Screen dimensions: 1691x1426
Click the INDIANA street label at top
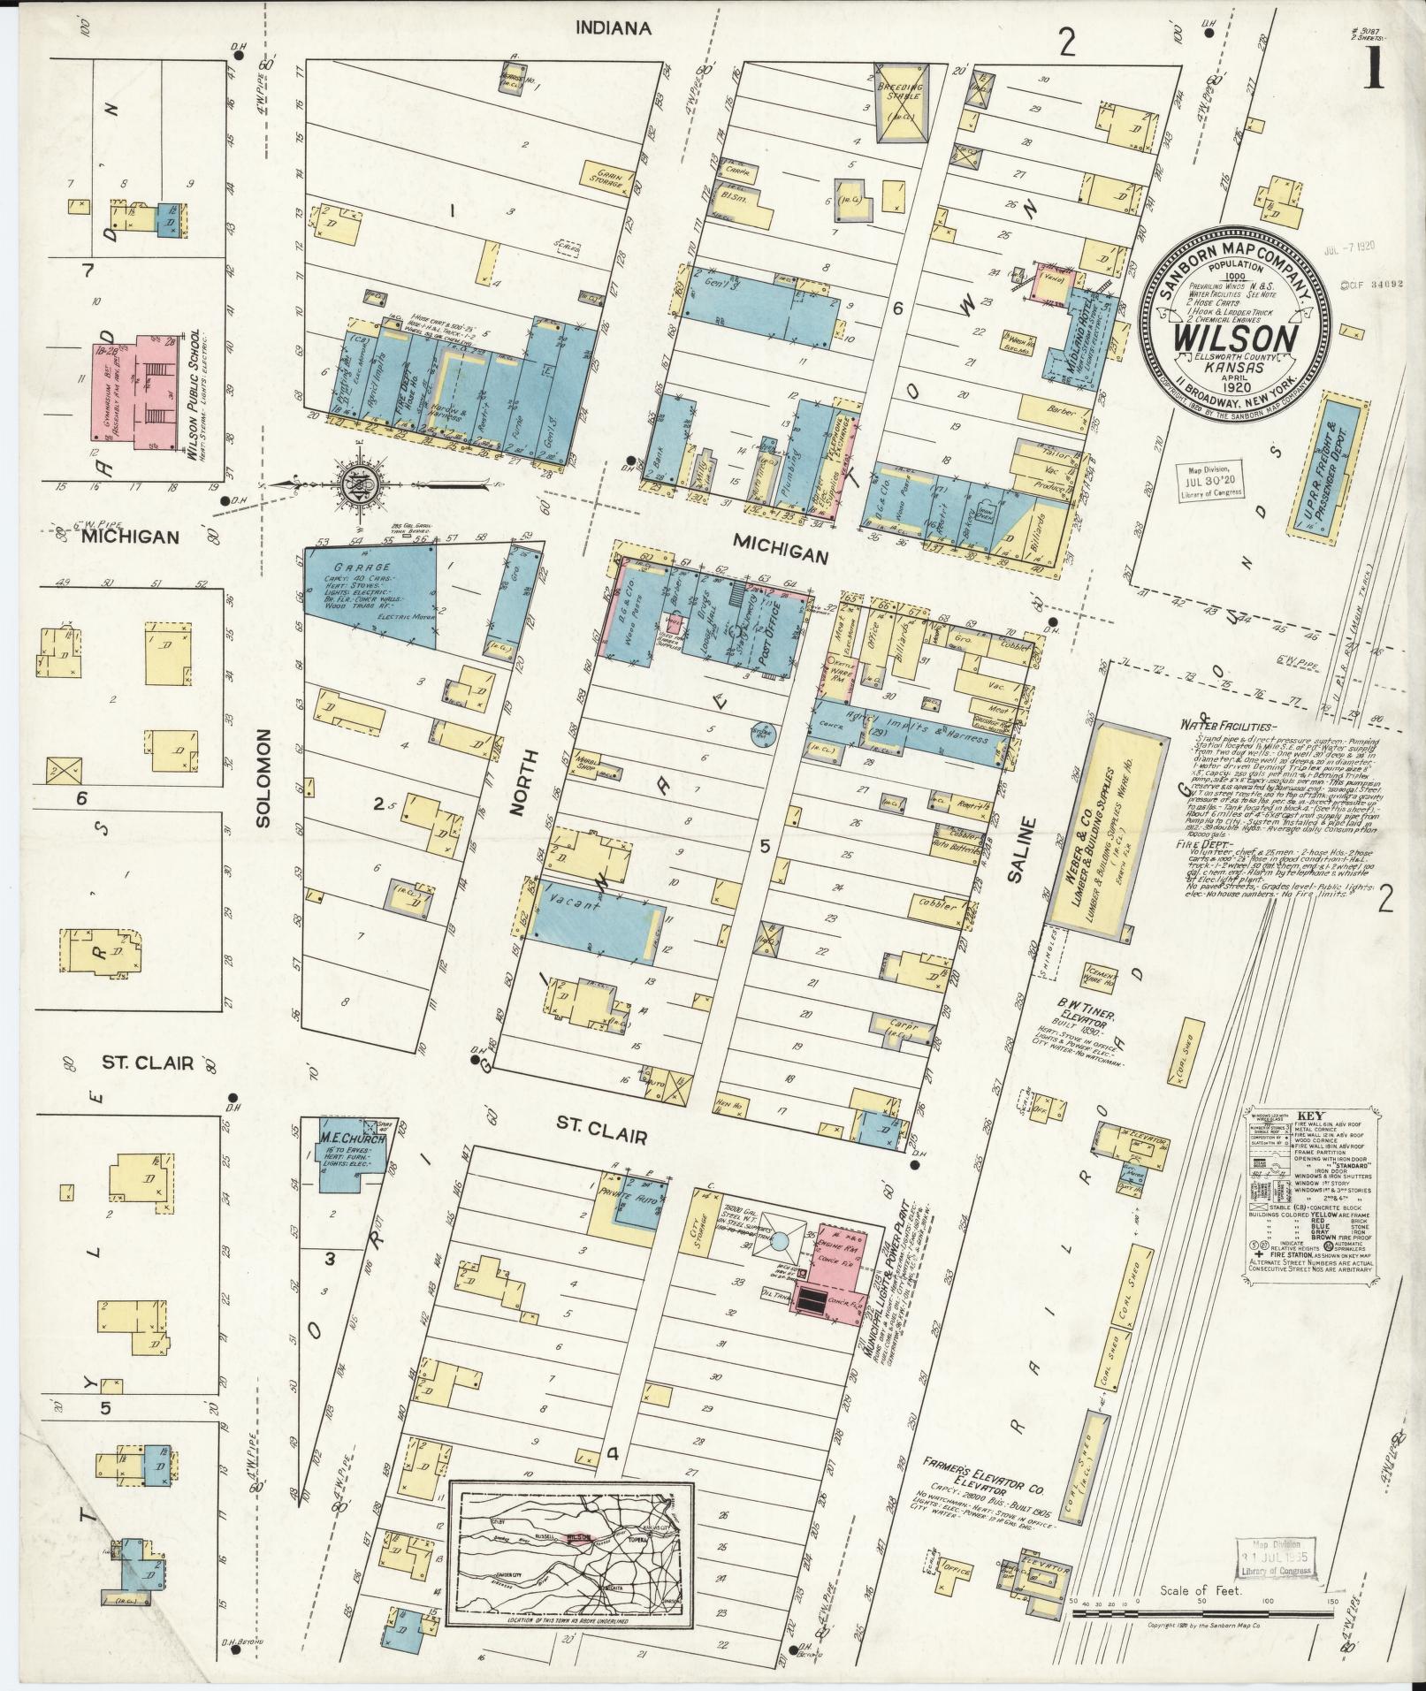coord(613,28)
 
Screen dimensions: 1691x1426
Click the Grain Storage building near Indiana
coord(607,176)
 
